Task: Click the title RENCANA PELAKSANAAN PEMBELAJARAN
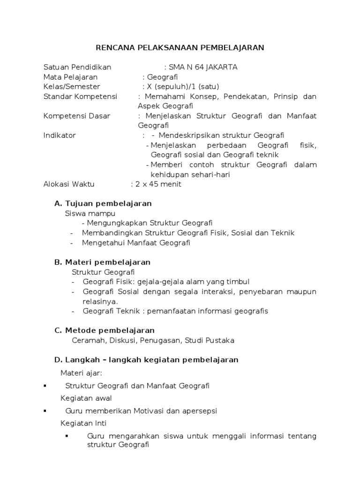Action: point(180,47)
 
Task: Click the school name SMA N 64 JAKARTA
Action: point(202,67)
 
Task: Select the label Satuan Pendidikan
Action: point(77,67)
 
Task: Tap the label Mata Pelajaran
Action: point(70,77)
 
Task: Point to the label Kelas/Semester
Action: point(72,87)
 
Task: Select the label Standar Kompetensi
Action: point(80,97)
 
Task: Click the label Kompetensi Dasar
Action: point(77,116)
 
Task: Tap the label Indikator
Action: point(60,135)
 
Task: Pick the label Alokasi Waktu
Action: point(69,184)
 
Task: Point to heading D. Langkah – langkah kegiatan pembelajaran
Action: point(146,360)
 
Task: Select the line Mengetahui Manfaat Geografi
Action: point(136,243)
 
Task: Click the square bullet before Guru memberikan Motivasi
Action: point(44,411)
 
